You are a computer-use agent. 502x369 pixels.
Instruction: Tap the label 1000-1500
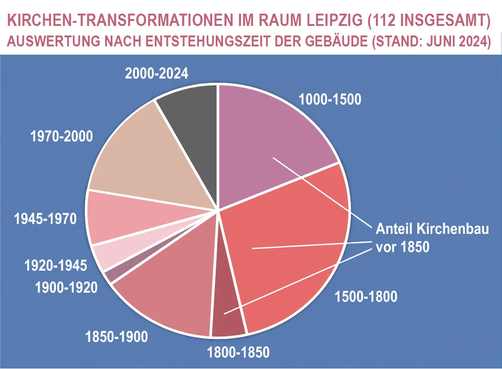point(330,99)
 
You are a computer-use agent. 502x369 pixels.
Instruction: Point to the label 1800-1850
point(238,352)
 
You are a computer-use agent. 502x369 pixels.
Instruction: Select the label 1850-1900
point(117,337)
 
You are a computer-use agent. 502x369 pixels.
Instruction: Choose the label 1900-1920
point(66,287)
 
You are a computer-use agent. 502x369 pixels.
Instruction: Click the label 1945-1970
point(45,219)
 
